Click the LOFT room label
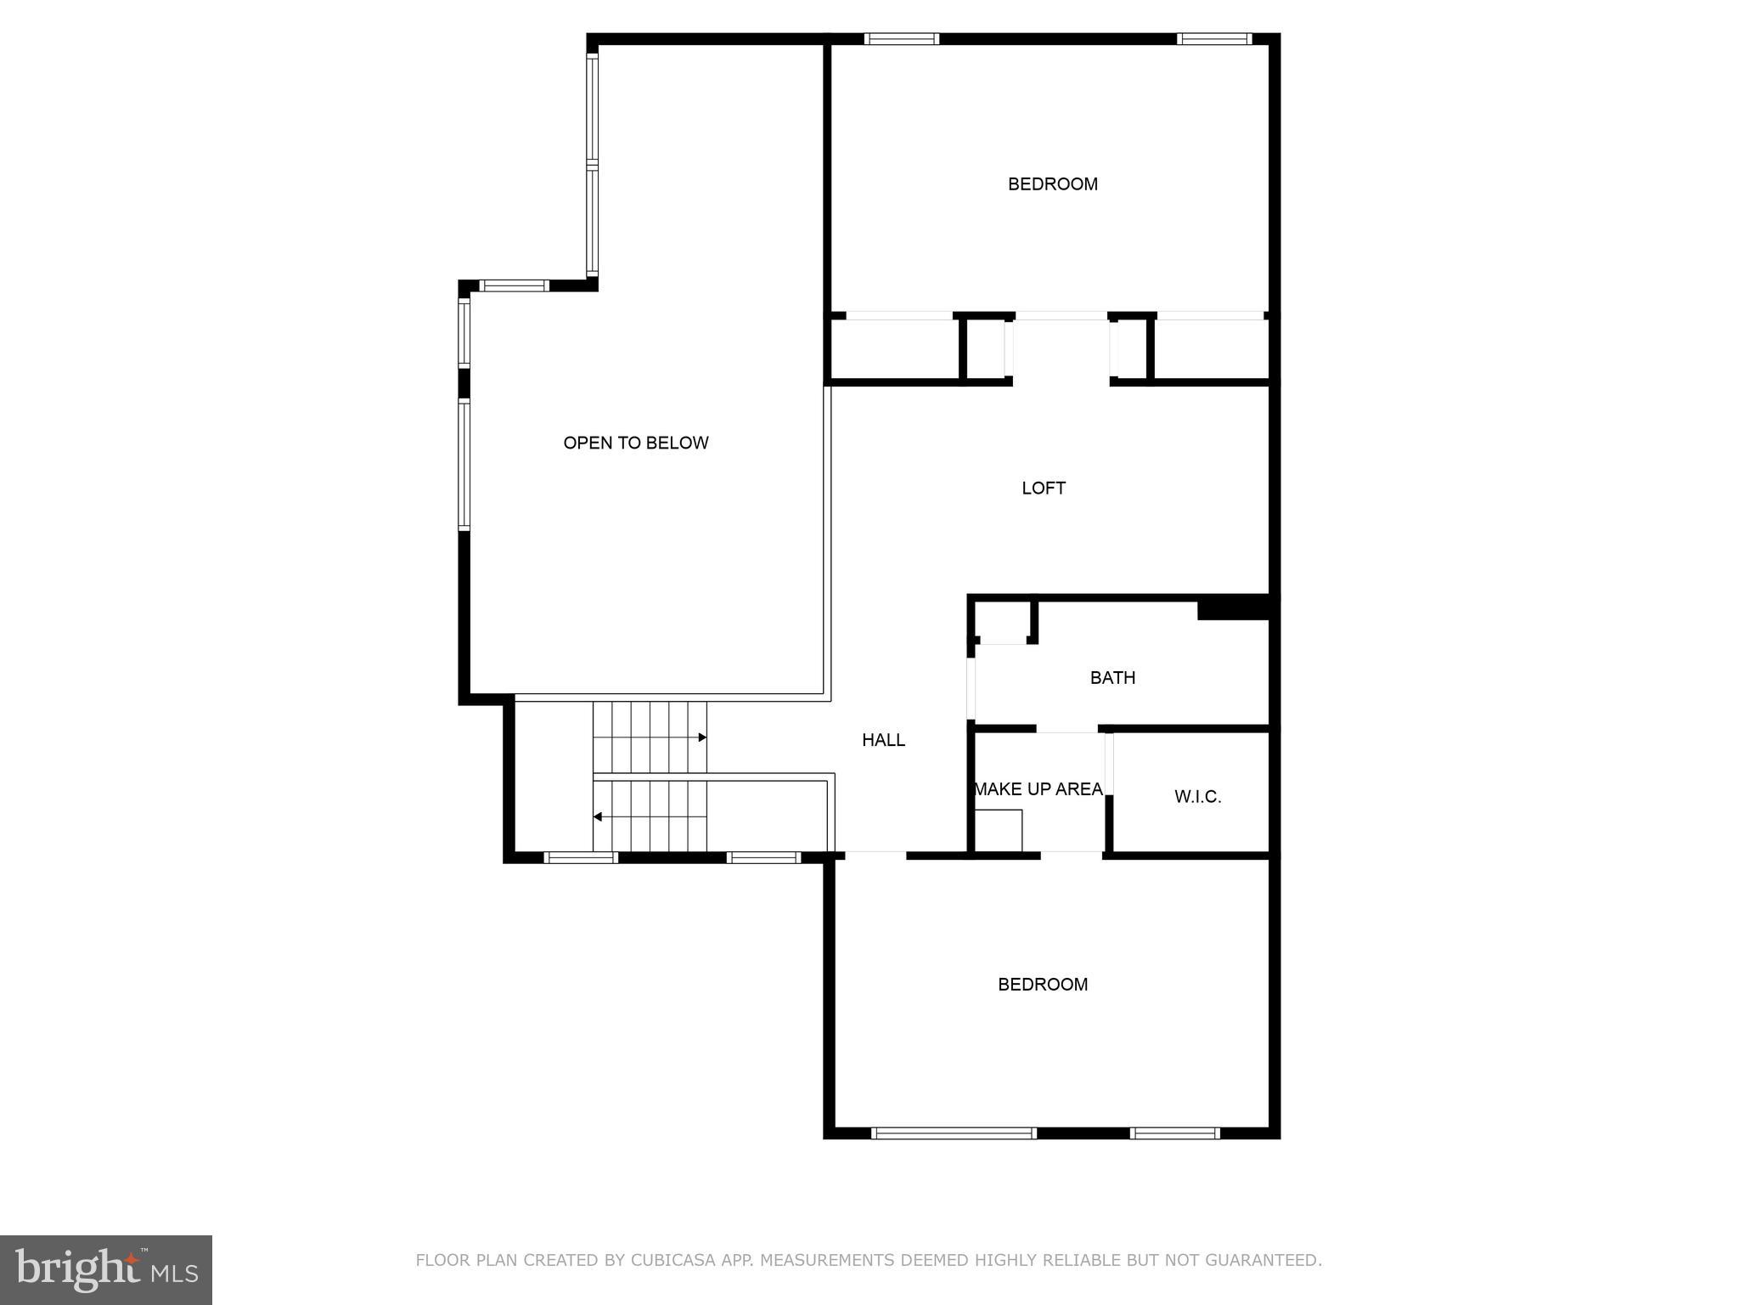(1043, 488)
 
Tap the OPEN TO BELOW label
(635, 443)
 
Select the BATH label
(1112, 677)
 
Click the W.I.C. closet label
(1197, 796)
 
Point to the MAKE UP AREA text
(1038, 789)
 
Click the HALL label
(883, 740)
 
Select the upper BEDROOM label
(1052, 184)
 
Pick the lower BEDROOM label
(1042, 984)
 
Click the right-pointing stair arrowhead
(702, 737)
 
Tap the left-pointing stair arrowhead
(598, 817)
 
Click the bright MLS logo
(106, 1270)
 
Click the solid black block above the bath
(1233, 608)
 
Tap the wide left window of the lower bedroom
(954, 1133)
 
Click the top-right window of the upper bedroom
(1214, 38)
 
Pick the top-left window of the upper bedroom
(902, 38)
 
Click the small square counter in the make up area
(998, 830)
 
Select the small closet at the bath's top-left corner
(1003, 622)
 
